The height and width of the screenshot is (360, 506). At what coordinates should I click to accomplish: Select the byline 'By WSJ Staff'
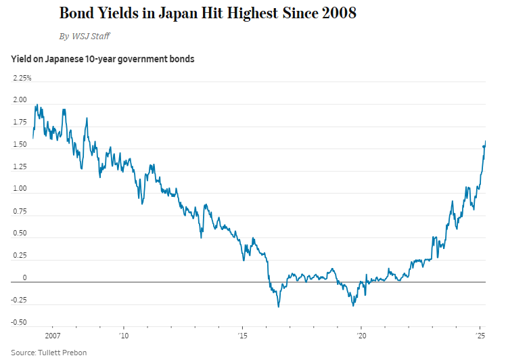85,36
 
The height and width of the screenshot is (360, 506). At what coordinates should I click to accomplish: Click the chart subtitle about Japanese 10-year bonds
103,59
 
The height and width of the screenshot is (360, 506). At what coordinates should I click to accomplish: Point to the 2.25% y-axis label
22,78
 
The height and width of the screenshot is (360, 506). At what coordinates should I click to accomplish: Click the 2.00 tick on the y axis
20,100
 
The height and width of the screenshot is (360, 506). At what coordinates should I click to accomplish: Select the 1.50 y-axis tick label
20,145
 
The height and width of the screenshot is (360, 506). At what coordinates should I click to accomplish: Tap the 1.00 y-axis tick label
20,189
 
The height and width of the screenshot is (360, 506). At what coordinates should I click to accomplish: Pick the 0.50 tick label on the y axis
20,233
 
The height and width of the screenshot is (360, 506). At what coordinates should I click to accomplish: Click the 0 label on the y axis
24,278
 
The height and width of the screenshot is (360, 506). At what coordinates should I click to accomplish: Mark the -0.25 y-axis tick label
18,300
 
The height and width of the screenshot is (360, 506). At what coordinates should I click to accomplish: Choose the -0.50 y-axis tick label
18,322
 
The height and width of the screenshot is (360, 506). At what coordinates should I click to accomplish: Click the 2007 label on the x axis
52,336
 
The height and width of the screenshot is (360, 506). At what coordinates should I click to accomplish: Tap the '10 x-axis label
124,336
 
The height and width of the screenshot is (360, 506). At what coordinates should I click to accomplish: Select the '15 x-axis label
242,336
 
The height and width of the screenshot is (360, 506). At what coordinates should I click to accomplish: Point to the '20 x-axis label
361,336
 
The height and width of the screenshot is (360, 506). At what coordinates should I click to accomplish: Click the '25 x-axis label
480,336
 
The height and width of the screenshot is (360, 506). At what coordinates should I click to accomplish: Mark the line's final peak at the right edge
486,141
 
